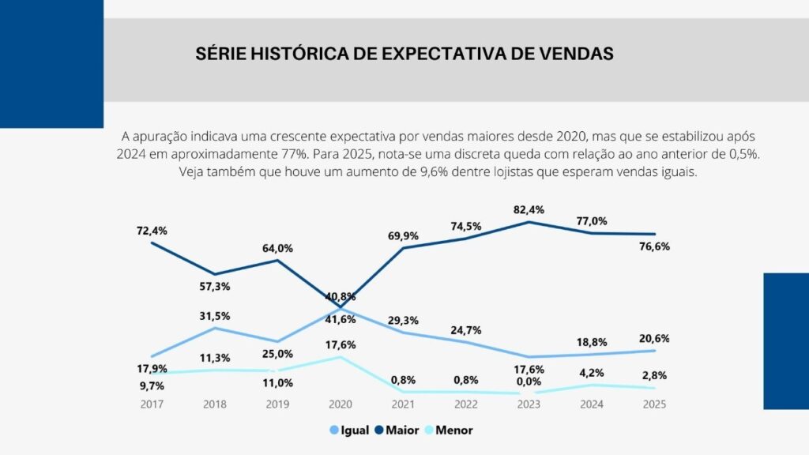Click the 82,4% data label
click(529, 210)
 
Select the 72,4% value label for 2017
click(151, 231)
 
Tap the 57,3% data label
click(214, 286)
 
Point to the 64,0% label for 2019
click(277, 248)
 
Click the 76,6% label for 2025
click(655, 246)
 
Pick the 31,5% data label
click(214, 316)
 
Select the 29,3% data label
click(403, 320)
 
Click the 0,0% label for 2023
click(529, 381)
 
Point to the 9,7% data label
click(151, 385)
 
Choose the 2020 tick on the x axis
click(340, 404)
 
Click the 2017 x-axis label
click(151, 404)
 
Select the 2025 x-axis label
click(655, 404)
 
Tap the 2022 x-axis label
click(466, 404)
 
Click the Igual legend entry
click(349, 431)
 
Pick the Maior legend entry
click(402, 431)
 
